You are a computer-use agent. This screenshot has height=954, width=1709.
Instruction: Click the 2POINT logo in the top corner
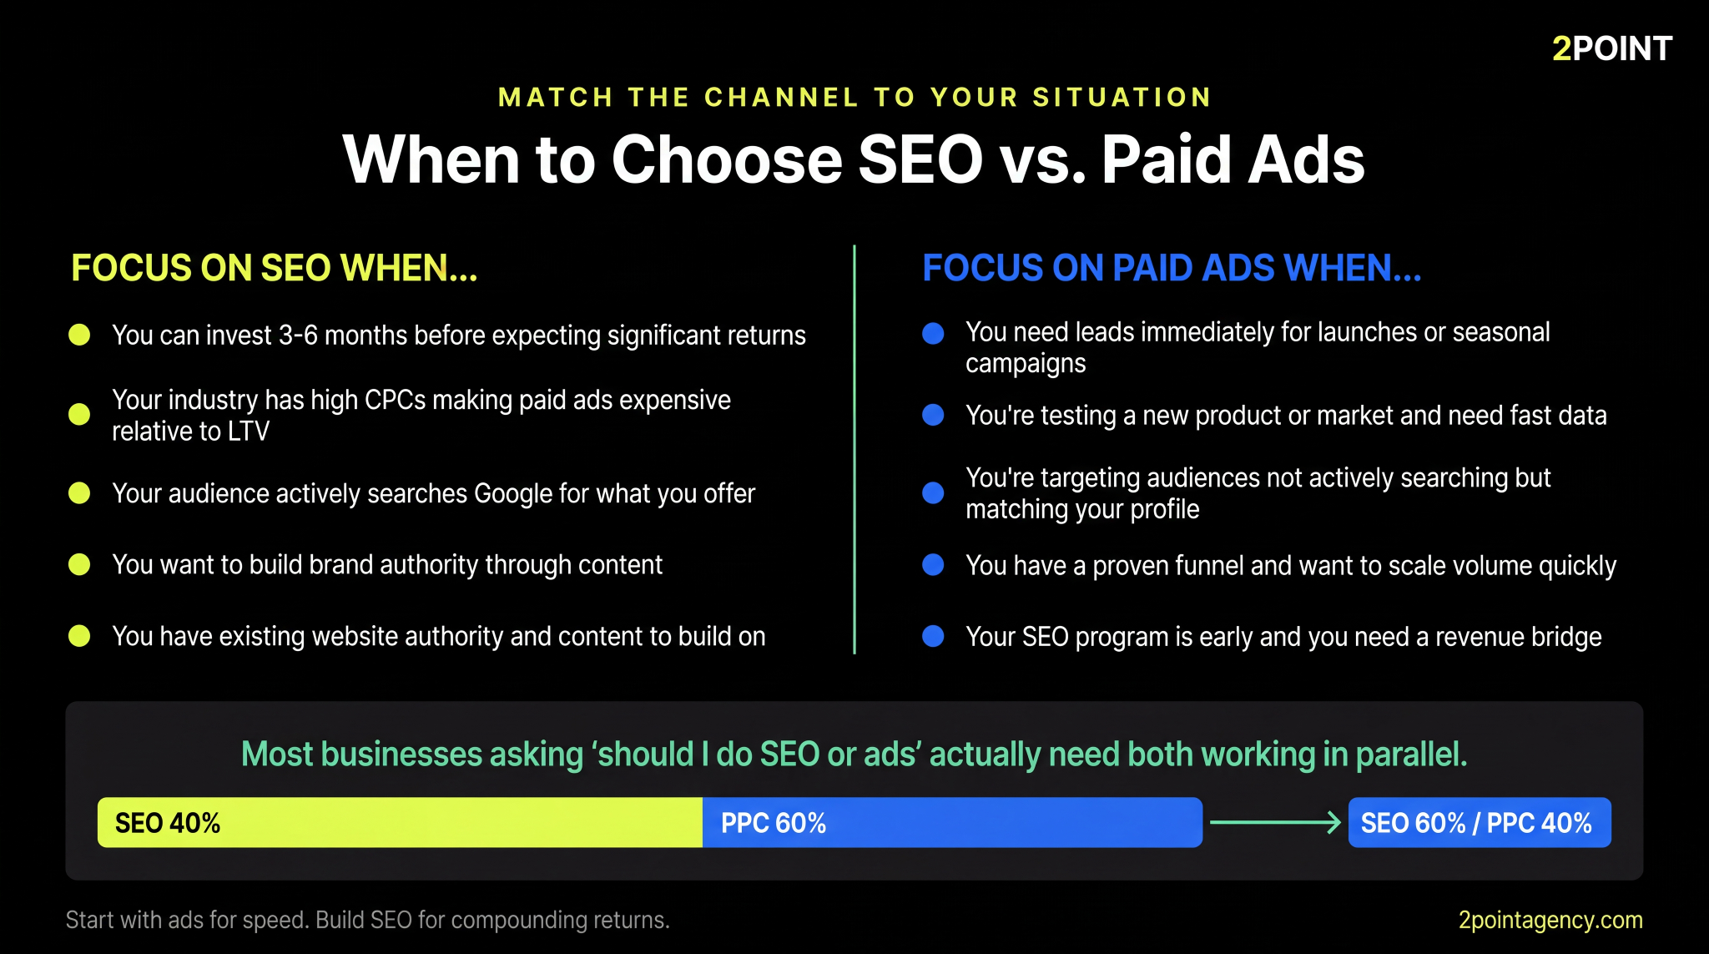click(1611, 48)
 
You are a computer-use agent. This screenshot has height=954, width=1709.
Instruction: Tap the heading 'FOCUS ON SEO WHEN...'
click(275, 268)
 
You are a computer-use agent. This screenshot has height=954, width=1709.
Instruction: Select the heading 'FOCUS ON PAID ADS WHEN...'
click(1171, 268)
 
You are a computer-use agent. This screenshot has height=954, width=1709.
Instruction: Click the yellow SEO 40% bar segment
click(400, 823)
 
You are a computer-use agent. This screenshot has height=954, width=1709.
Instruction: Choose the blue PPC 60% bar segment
click(951, 823)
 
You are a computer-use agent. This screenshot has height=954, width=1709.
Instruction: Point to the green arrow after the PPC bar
click(1274, 823)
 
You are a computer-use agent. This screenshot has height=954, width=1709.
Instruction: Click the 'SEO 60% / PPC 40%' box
click(1479, 823)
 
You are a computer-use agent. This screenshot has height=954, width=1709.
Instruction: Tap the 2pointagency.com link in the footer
click(1550, 920)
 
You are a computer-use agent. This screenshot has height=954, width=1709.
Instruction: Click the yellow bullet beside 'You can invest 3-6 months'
click(79, 335)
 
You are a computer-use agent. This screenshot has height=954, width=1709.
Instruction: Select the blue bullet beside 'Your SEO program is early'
click(933, 637)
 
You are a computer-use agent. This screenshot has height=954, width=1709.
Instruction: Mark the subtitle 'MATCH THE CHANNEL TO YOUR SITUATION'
click(854, 98)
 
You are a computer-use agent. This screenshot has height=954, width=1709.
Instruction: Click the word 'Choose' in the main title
click(727, 159)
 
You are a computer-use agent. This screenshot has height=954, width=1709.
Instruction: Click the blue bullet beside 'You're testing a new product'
click(933, 416)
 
